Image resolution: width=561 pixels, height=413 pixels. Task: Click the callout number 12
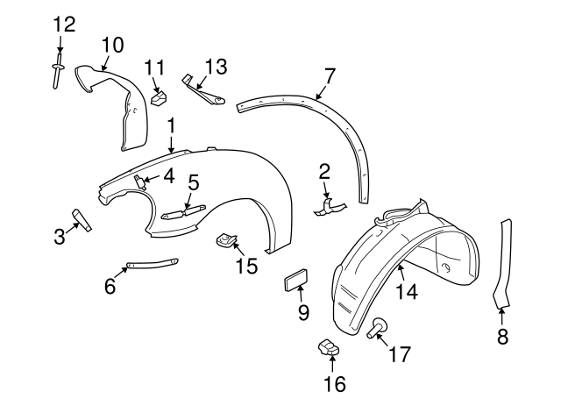64,24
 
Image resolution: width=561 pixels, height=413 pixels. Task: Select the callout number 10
112,44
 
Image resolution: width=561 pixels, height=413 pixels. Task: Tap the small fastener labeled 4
139,181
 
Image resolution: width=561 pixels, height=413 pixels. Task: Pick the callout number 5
194,182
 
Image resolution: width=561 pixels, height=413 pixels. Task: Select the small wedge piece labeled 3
82,218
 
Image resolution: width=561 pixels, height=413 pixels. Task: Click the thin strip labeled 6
153,263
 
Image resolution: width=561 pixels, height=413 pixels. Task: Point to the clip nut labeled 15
229,239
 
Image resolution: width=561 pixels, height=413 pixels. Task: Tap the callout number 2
324,170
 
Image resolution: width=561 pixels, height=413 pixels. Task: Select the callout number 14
406,292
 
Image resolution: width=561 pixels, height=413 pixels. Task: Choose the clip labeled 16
329,347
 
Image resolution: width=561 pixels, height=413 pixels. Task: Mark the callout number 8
502,336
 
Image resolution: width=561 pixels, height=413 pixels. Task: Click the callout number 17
399,354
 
